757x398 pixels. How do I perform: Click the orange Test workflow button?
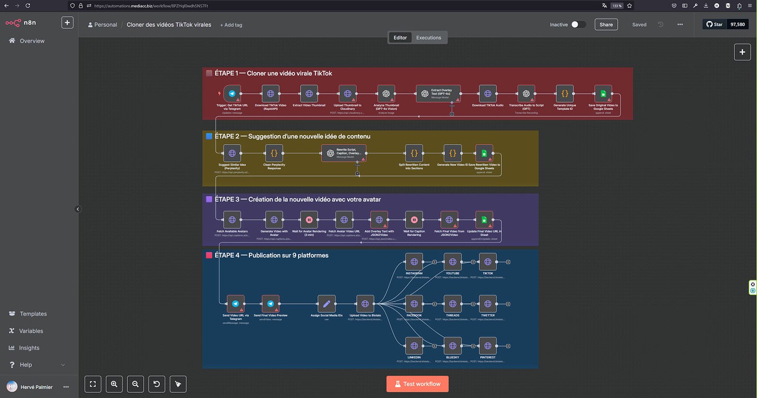[x=417, y=384]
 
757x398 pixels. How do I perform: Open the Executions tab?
[x=428, y=38]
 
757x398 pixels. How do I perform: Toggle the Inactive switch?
[x=578, y=25]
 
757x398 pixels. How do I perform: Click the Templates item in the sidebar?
[x=33, y=314]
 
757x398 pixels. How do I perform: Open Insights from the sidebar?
[x=29, y=348]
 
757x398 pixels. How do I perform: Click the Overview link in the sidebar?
[x=32, y=41]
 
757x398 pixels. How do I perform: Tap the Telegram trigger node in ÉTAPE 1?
[x=232, y=94]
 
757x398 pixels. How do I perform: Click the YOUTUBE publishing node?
[x=452, y=262]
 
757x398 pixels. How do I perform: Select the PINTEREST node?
[x=487, y=346]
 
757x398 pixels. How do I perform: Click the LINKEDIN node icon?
[x=414, y=346]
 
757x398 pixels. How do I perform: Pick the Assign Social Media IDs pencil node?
[x=326, y=304]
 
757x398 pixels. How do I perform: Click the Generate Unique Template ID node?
[x=564, y=94]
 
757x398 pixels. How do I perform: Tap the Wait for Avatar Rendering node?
[x=309, y=220]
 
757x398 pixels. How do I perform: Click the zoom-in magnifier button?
[x=114, y=384]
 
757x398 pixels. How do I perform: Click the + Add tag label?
[x=231, y=25]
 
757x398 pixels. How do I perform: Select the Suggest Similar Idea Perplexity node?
[x=232, y=153]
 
